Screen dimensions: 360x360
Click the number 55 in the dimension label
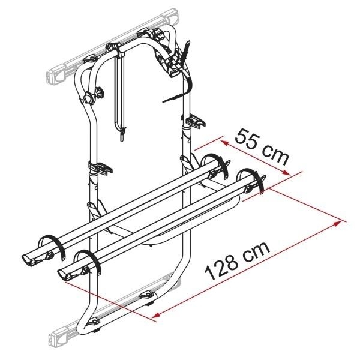pyautogui.click(x=247, y=139)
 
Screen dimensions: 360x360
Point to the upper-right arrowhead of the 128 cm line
pyautogui.click(x=337, y=223)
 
